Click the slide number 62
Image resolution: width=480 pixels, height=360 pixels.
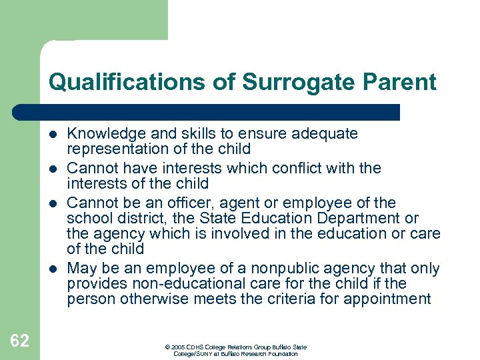[x=19, y=341]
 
